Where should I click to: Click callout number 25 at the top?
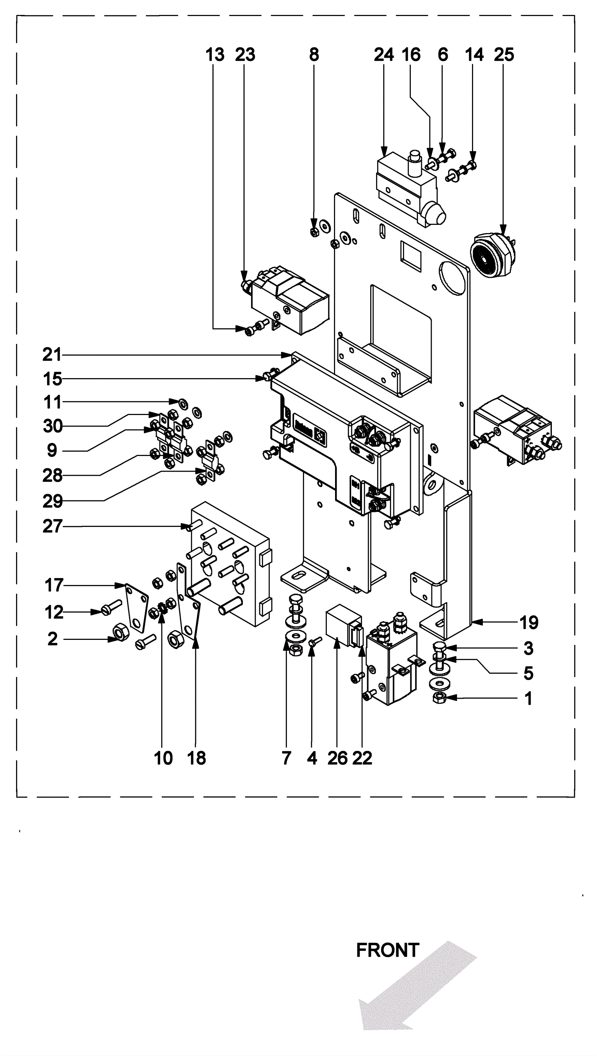pyautogui.click(x=504, y=54)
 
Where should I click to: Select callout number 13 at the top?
pyautogui.click(x=215, y=54)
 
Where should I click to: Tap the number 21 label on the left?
pyautogui.click(x=52, y=355)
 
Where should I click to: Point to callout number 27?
pyautogui.click(x=52, y=527)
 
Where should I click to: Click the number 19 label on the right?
pyautogui.click(x=529, y=623)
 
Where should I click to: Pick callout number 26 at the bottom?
pyautogui.click(x=337, y=758)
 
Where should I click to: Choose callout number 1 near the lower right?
pyautogui.click(x=529, y=698)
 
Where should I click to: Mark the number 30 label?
pyautogui.click(x=53, y=426)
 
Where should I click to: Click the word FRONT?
pyautogui.click(x=387, y=950)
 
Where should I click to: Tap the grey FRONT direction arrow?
pyautogui.click(x=415, y=988)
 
